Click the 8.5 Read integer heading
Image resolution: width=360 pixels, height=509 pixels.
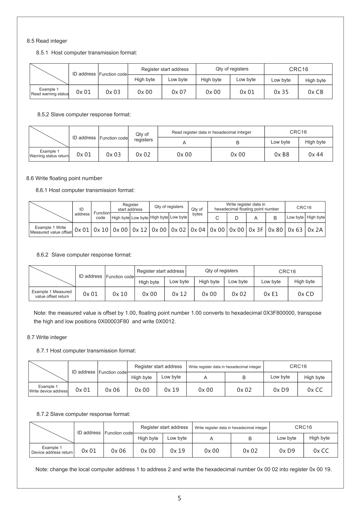click(x=47, y=41)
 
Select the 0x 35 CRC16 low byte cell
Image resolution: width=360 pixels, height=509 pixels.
click(x=281, y=92)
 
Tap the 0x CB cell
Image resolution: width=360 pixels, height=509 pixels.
click(x=315, y=92)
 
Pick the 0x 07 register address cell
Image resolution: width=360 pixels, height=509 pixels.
click(x=179, y=92)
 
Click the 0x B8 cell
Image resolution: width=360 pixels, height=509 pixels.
click(x=282, y=154)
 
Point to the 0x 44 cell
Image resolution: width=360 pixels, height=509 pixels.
click(x=316, y=154)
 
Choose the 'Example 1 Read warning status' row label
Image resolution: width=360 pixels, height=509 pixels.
click(x=49, y=92)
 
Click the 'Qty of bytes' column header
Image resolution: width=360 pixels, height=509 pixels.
click(x=198, y=212)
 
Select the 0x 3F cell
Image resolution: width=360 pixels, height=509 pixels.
click(x=256, y=230)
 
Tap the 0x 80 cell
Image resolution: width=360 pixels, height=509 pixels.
click(x=275, y=230)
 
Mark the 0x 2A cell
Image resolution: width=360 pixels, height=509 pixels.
click(x=315, y=230)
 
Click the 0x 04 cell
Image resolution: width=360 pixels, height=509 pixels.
click(x=198, y=230)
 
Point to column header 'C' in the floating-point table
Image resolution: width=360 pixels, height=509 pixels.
click(x=217, y=218)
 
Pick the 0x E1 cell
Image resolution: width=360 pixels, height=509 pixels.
click(x=271, y=294)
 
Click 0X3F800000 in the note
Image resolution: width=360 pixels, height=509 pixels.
click(x=278, y=313)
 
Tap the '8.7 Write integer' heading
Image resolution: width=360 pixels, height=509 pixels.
click(x=47, y=337)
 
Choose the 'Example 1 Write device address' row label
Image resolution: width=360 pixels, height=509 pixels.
click(x=48, y=389)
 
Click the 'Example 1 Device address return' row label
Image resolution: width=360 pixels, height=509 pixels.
click(x=52, y=450)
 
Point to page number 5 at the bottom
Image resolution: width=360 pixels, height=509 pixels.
click(x=179, y=498)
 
